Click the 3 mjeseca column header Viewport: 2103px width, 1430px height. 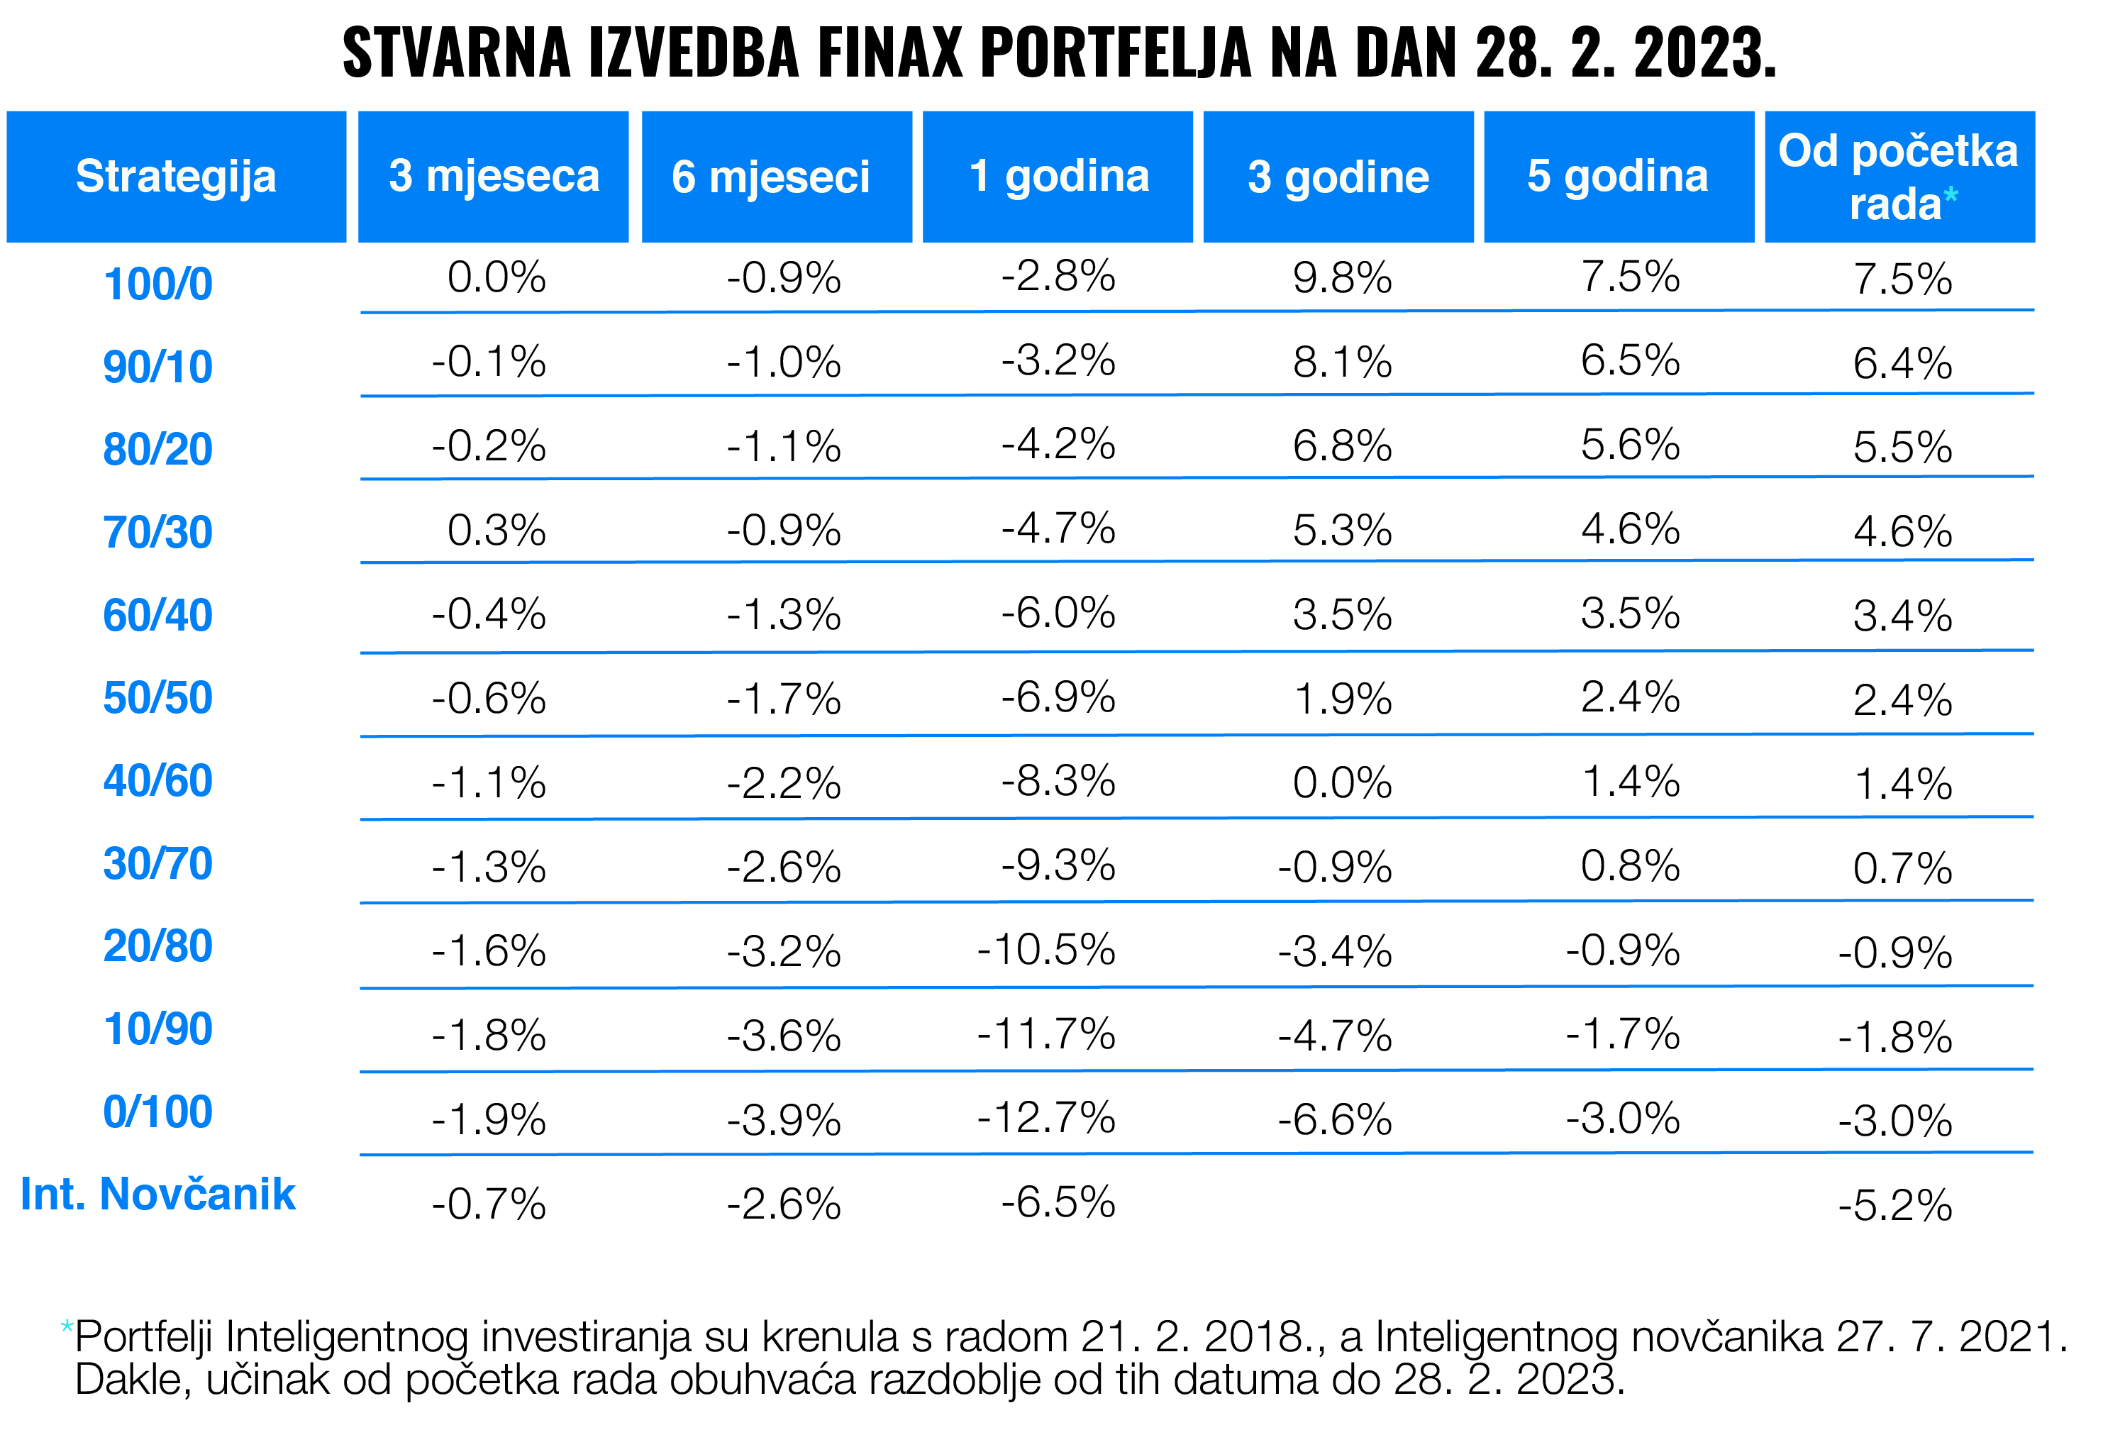tap(493, 177)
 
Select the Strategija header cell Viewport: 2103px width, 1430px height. tap(177, 177)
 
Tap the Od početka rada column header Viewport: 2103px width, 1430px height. tap(1899, 177)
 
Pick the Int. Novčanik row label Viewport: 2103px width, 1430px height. tap(158, 1194)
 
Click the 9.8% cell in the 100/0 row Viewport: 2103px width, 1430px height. tap(1342, 278)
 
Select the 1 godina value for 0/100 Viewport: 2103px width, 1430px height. tap(1046, 1118)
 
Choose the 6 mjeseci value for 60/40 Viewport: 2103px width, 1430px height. tap(784, 616)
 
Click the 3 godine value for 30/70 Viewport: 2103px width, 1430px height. tap(1335, 867)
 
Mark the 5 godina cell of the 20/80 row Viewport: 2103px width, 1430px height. tap(1623, 950)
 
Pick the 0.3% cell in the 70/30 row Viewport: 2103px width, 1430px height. tap(496, 531)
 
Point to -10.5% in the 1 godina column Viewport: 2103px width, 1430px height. tap(1046, 950)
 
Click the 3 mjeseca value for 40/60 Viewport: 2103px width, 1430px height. tap(489, 783)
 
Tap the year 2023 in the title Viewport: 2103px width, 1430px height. tap(1705, 52)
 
